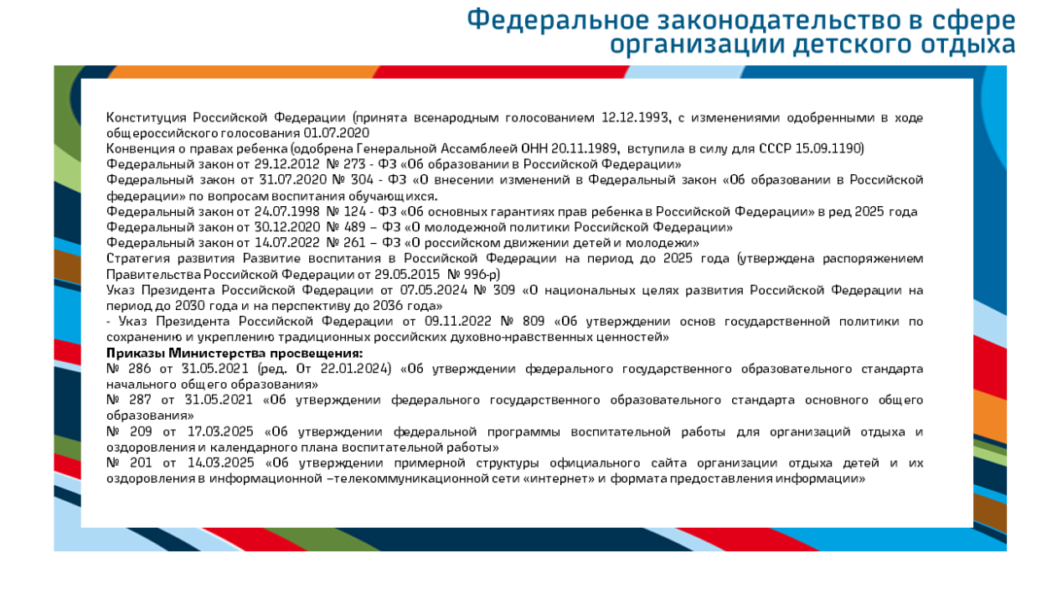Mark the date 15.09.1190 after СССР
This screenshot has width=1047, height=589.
(x=832, y=148)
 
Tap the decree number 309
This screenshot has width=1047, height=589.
(x=504, y=290)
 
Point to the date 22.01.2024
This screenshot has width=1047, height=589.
(x=358, y=369)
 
